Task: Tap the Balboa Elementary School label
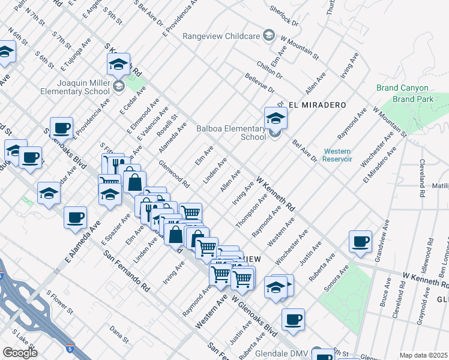pyautogui.click(x=231, y=132)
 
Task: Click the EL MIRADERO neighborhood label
pyautogui.click(x=318, y=104)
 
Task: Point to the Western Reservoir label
pyautogui.click(x=337, y=155)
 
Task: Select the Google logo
pyautogui.click(x=20, y=353)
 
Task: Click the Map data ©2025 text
pyautogui.click(x=423, y=355)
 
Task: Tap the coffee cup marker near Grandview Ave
pyautogui.click(x=360, y=241)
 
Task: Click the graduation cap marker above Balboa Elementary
pyautogui.click(x=276, y=116)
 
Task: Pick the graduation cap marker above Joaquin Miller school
pyautogui.click(x=119, y=64)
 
